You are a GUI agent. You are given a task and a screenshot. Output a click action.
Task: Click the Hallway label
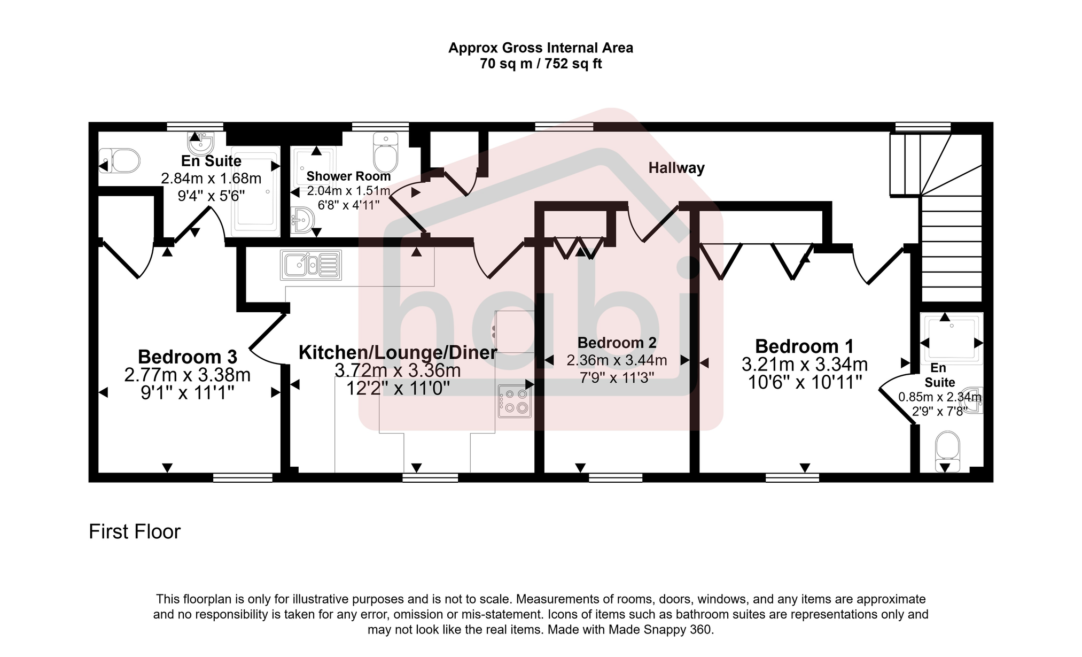click(676, 168)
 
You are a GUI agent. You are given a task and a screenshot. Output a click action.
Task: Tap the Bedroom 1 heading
click(804, 346)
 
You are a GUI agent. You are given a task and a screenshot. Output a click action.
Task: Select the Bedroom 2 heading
click(617, 343)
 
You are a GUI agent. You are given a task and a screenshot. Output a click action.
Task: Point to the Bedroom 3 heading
click(187, 357)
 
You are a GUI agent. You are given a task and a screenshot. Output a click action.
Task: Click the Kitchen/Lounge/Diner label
click(398, 353)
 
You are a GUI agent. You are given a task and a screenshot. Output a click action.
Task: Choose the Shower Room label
click(348, 176)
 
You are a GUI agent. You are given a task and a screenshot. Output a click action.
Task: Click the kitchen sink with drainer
click(310, 265)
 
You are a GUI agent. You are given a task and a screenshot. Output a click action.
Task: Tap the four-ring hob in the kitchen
click(515, 401)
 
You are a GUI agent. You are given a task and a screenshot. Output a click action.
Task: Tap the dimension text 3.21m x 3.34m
click(804, 365)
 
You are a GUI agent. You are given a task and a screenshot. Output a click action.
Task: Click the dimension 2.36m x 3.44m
click(617, 361)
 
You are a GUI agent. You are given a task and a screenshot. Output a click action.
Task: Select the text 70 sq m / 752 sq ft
click(541, 64)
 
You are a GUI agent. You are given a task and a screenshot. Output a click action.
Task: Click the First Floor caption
click(135, 532)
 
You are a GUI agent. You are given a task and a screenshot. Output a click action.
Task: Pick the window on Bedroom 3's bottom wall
click(243, 477)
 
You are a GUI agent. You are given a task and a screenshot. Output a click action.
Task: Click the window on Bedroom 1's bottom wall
click(792, 477)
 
